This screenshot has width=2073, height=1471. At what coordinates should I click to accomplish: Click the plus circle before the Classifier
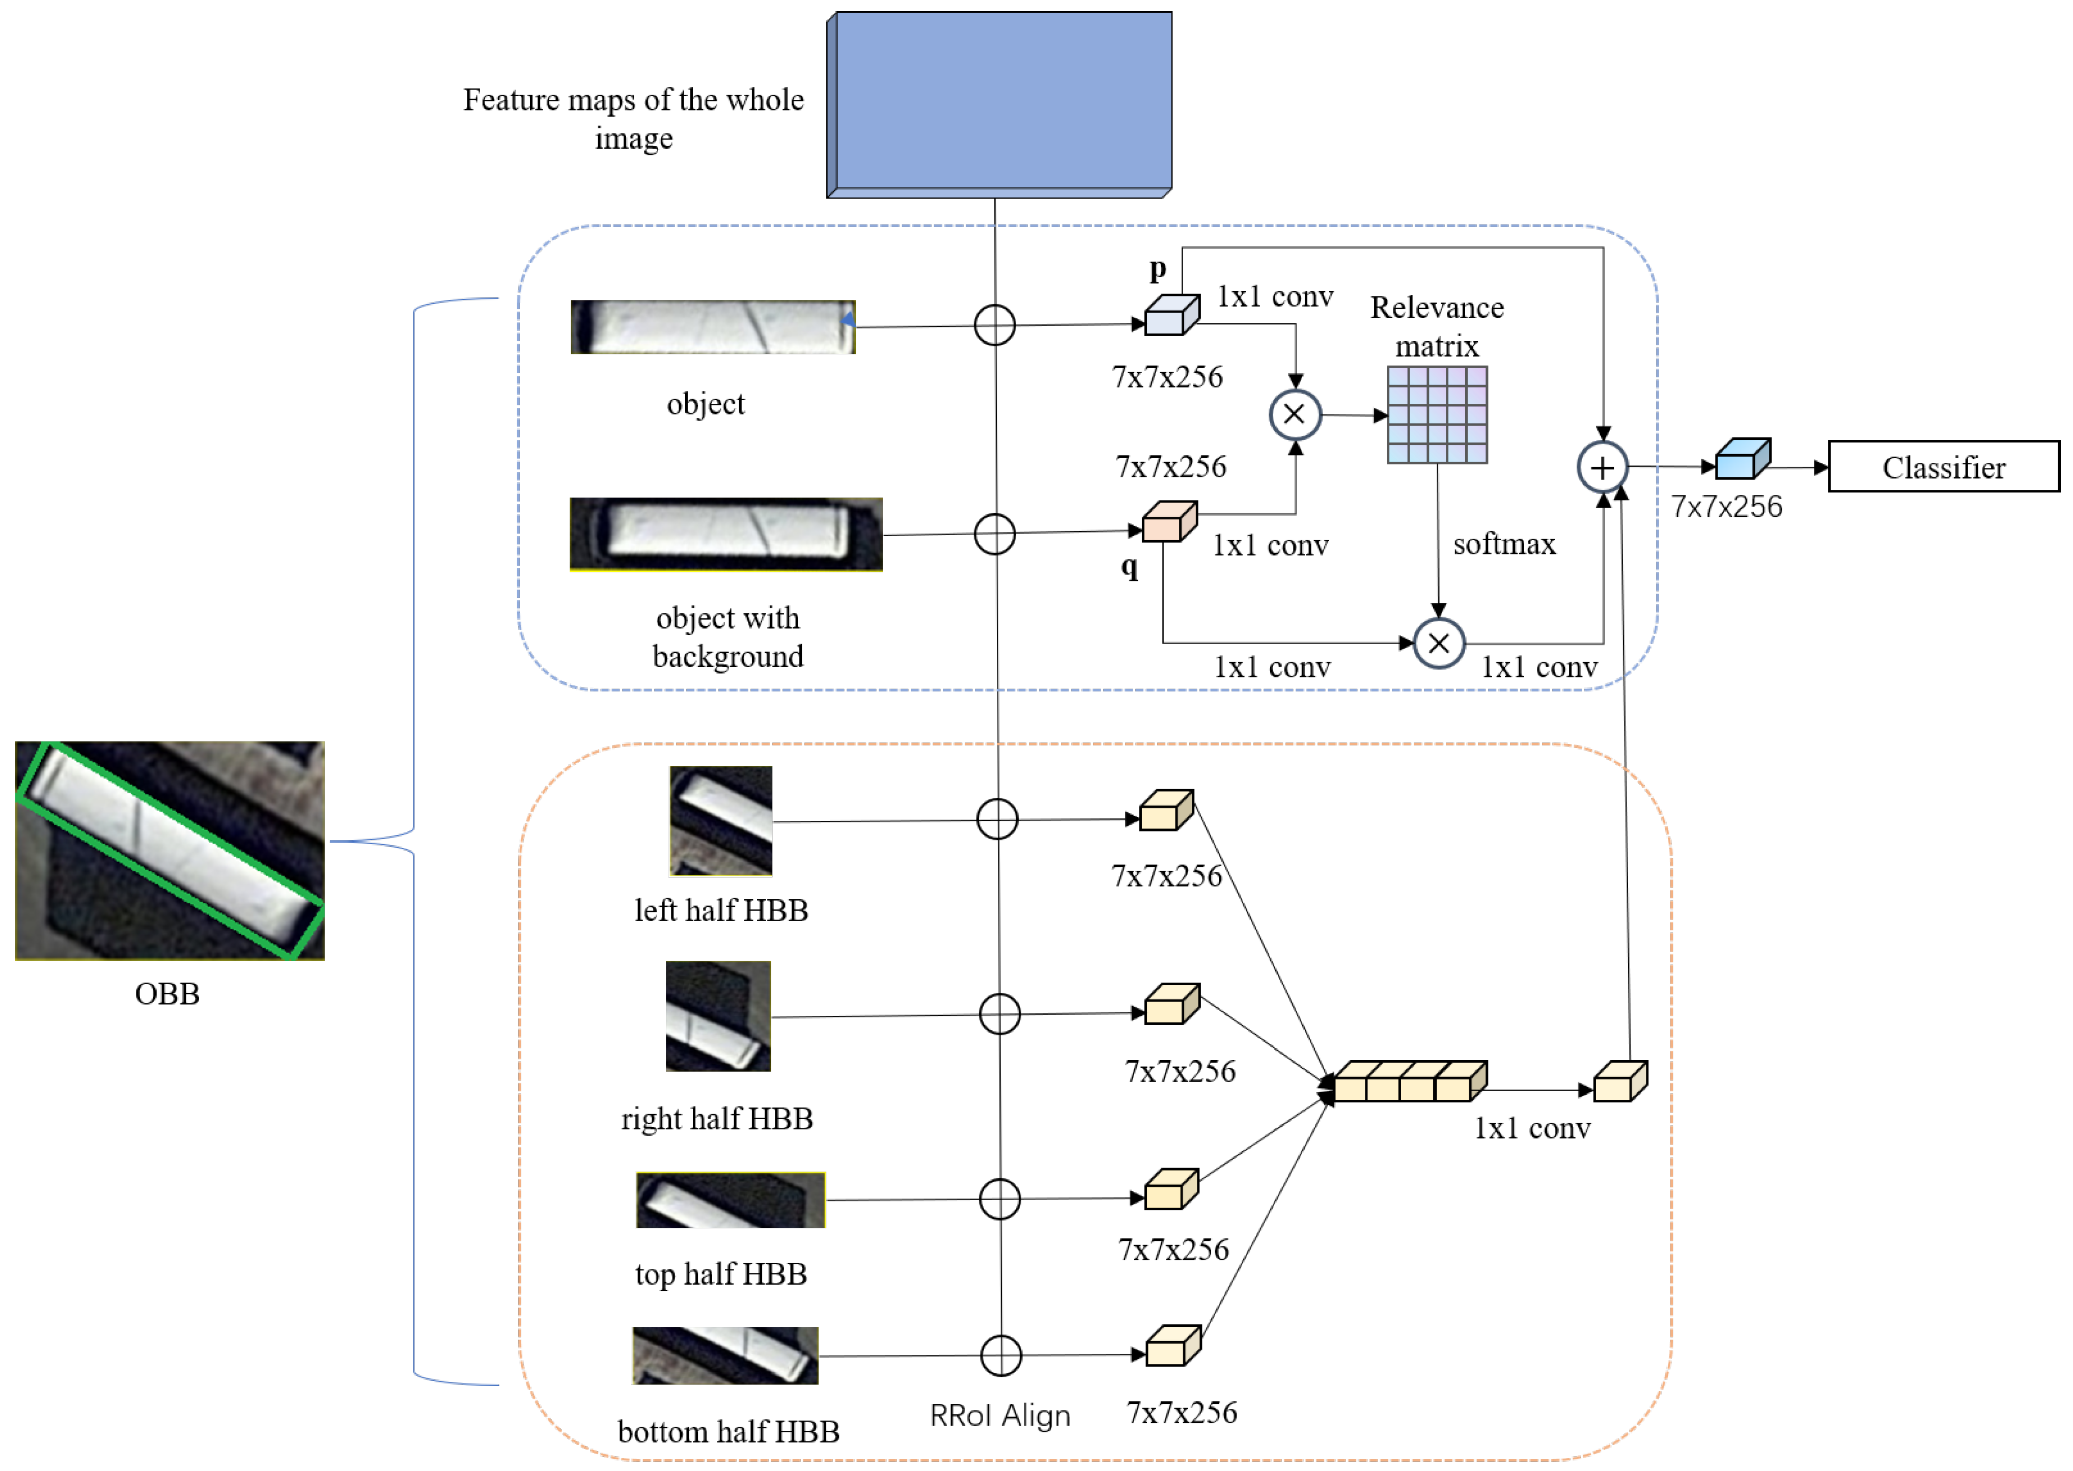tap(1602, 467)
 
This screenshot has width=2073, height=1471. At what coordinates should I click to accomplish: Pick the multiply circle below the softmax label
tap(1438, 643)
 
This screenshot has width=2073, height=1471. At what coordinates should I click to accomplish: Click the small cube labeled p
tap(1171, 316)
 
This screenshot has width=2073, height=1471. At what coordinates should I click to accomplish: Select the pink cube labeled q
tap(1168, 522)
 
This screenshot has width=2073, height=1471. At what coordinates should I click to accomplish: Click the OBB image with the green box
tap(170, 850)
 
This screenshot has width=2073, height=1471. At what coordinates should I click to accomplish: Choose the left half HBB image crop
tap(721, 821)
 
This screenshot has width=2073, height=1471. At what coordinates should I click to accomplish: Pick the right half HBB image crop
tap(718, 1016)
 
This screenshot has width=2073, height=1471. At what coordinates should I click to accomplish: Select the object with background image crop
tap(725, 535)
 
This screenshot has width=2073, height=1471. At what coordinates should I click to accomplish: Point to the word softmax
tap(1503, 544)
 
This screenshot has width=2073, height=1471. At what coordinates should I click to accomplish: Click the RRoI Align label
tap(1000, 1415)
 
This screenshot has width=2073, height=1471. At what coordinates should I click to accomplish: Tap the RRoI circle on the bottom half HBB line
tap(1001, 1356)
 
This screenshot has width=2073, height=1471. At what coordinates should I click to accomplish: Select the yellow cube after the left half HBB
tap(1165, 812)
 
